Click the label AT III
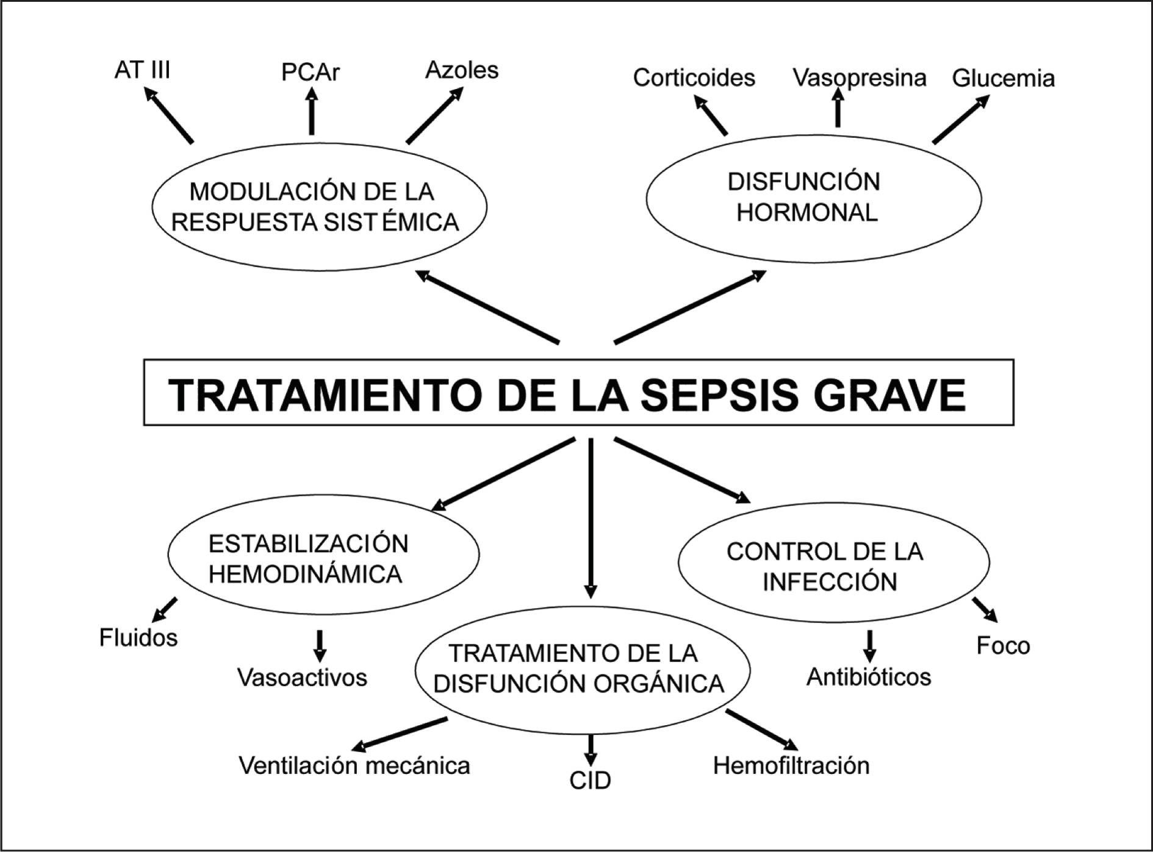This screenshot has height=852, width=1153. click(142, 70)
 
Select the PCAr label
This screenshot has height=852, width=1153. click(310, 72)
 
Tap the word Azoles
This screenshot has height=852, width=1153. click(462, 70)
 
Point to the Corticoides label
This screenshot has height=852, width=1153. click(694, 77)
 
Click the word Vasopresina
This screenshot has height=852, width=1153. click(859, 77)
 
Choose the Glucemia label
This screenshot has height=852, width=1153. click(1003, 78)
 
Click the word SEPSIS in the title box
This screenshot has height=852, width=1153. click(720, 395)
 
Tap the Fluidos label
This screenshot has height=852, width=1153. click(138, 638)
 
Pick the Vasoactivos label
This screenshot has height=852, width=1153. click(302, 678)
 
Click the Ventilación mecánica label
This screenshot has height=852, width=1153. click(354, 765)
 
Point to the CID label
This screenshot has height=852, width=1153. click(590, 781)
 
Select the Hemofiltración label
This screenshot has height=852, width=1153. click(791, 765)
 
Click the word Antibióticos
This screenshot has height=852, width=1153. click(869, 677)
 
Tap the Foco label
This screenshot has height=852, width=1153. click(1003, 645)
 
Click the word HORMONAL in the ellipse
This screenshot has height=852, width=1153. click(806, 212)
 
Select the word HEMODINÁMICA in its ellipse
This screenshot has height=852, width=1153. click(305, 574)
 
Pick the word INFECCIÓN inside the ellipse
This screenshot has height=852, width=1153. click(830, 582)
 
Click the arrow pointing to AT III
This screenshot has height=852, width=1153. click(169, 115)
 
